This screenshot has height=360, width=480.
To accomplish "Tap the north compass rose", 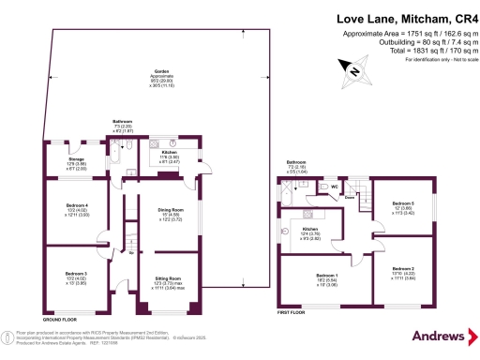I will (x=354, y=67).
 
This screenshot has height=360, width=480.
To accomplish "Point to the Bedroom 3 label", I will (x=76, y=274).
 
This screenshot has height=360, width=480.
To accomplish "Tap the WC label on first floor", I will (x=334, y=186).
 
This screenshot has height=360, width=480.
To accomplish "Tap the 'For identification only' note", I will (x=436, y=60).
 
